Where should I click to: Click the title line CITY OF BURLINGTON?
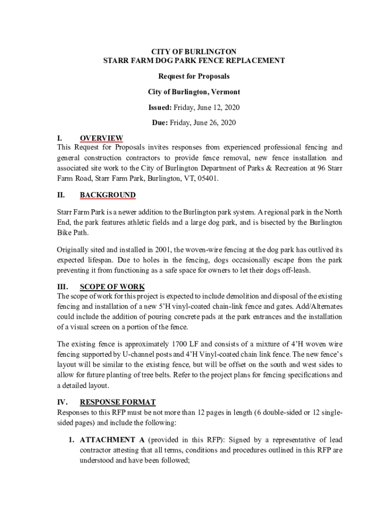tap(194, 51)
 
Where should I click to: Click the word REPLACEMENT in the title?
tap(259, 60)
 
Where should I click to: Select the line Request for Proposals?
tap(194, 76)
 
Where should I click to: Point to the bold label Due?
tap(160, 122)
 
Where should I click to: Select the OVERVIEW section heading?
tap(101, 138)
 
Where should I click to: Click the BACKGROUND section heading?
tap(107, 195)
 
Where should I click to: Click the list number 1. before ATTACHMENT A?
tap(72, 439)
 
